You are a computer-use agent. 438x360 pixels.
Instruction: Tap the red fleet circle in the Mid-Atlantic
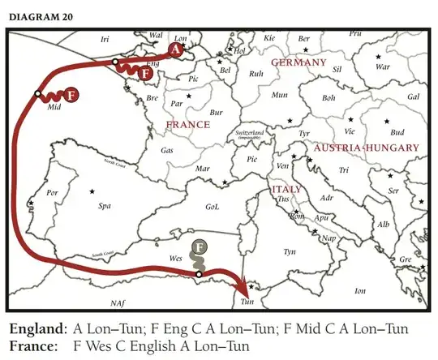(x=71, y=95)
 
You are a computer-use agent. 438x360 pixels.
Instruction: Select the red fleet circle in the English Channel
(x=145, y=74)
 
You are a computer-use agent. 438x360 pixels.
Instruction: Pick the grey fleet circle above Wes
(x=200, y=247)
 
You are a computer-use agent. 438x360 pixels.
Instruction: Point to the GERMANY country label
(x=298, y=62)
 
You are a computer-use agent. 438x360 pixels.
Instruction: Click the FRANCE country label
(x=187, y=125)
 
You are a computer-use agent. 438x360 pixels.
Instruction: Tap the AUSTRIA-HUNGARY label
(x=354, y=148)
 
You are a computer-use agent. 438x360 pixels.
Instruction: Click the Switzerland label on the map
(x=249, y=135)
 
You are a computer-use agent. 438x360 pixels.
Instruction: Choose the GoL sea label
(x=212, y=206)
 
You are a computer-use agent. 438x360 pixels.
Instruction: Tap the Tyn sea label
(x=290, y=252)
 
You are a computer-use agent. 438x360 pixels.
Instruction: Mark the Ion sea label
(x=360, y=289)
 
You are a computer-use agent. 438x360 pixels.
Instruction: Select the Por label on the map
(x=53, y=193)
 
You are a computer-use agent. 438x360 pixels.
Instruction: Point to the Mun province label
(x=279, y=95)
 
